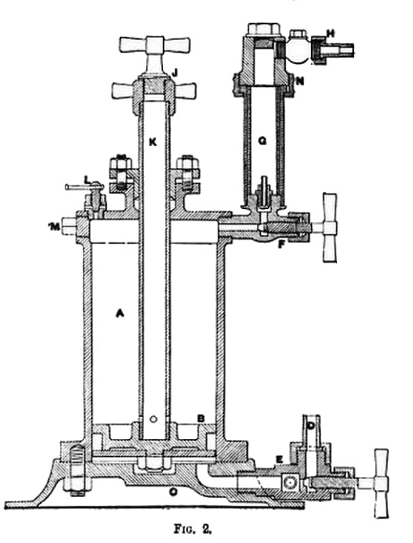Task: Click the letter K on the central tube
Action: coord(153,143)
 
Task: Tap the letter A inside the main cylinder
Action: coord(120,314)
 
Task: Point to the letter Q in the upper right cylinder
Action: coord(263,141)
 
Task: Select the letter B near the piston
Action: coord(200,418)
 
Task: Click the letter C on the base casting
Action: coord(173,491)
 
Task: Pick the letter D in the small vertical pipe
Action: coord(311,426)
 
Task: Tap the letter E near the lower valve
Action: coord(279,460)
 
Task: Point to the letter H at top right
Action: coord(330,33)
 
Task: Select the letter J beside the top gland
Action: coord(175,73)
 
